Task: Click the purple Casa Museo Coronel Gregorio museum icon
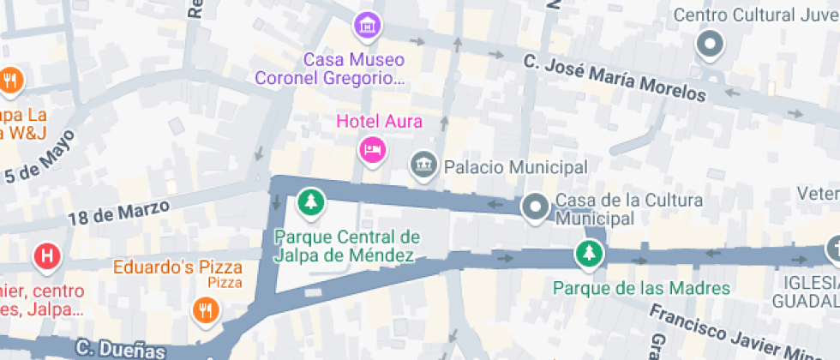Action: pyautogui.click(x=368, y=25)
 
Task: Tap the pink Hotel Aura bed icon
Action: pyautogui.click(x=372, y=150)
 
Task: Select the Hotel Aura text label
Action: pyautogui.click(x=379, y=122)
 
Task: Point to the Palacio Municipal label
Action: pyautogui.click(x=514, y=166)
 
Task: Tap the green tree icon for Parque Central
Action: pyautogui.click(x=310, y=203)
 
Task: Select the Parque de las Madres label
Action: pyautogui.click(x=641, y=288)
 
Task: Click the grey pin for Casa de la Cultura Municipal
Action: pyautogui.click(x=536, y=207)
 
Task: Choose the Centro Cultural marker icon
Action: pyautogui.click(x=710, y=44)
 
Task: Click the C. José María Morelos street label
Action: pyautogui.click(x=615, y=77)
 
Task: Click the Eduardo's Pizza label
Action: pyautogui.click(x=178, y=267)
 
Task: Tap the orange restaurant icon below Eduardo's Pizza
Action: pyautogui.click(x=204, y=309)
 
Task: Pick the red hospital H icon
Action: pyautogui.click(x=46, y=255)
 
